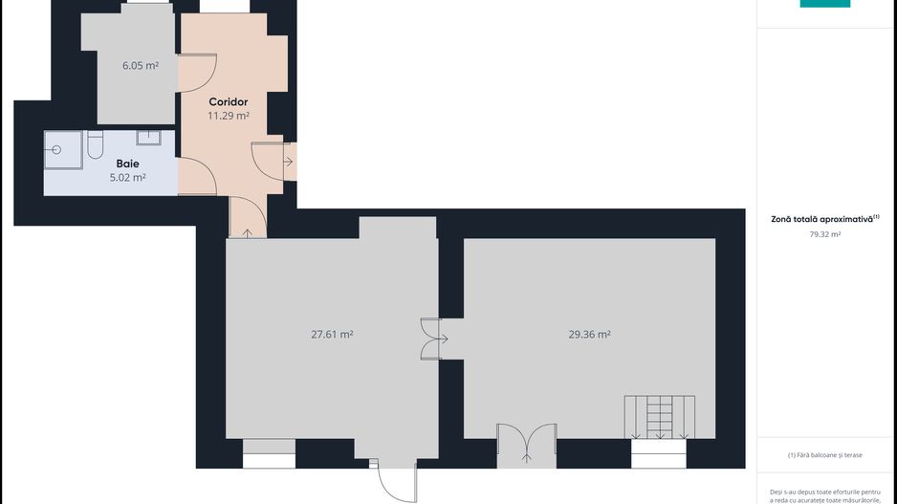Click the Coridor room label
tap(229, 101)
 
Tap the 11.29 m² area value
tap(229, 116)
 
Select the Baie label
tap(127, 164)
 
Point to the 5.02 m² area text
tap(127, 177)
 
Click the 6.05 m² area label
tap(141, 65)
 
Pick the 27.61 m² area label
tap(332, 334)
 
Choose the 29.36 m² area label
tap(589, 334)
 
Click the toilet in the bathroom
tap(95, 144)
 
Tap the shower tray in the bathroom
tap(63, 150)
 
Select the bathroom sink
tap(149, 138)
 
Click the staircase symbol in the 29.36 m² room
tap(660, 417)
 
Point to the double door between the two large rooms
tap(430, 339)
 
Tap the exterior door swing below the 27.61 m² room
tap(397, 482)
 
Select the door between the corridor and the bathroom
tap(197, 176)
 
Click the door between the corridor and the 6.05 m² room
tap(197, 73)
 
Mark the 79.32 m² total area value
tap(825, 234)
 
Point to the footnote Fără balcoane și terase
tap(825, 455)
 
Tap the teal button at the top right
tap(825, 4)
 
